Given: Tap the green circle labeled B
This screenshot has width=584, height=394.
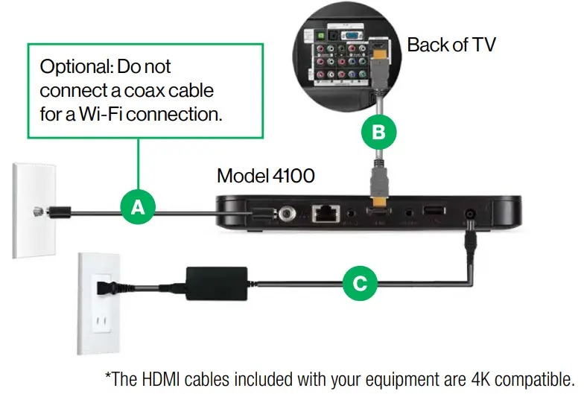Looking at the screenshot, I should (378, 133).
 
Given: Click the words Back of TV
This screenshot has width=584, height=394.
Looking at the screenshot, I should (451, 45).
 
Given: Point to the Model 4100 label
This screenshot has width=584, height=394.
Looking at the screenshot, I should (265, 176).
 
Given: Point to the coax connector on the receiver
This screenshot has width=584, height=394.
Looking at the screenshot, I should (287, 215).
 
